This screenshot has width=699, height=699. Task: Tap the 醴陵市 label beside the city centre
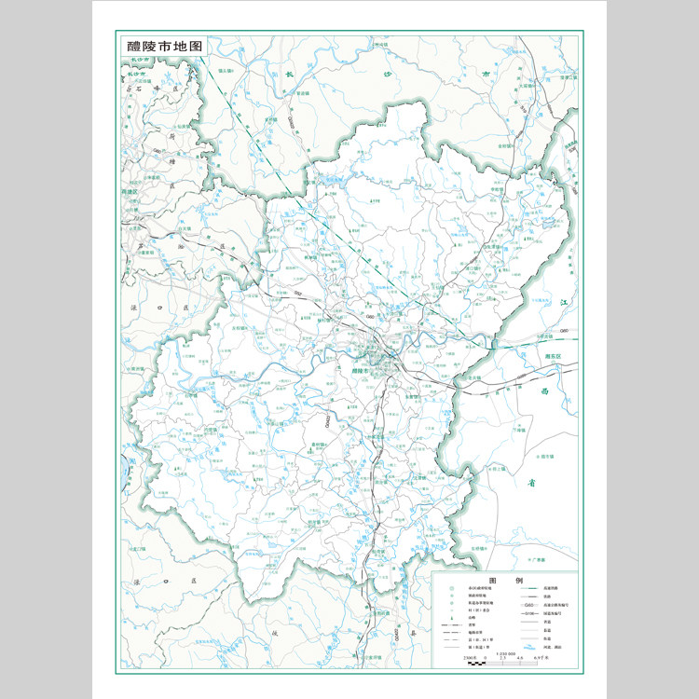pyautogui.click(x=357, y=371)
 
